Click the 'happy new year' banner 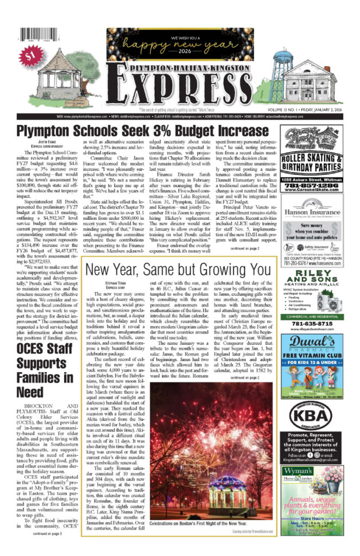180,41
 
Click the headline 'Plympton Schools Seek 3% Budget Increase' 142,131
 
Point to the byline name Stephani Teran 113,283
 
